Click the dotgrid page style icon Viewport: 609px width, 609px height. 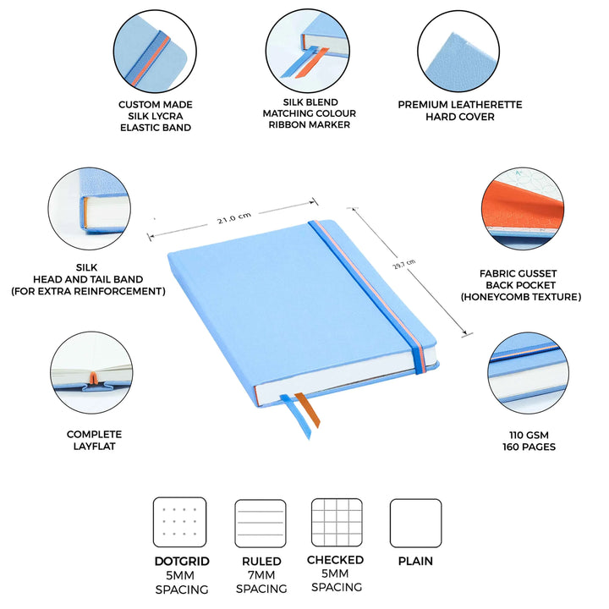(x=179, y=522)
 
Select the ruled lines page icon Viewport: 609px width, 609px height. (x=261, y=524)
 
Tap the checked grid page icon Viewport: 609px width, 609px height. (x=337, y=523)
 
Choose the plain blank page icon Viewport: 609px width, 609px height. (x=415, y=524)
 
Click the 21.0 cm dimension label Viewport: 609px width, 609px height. (x=233, y=218)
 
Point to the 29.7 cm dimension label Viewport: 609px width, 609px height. (x=404, y=264)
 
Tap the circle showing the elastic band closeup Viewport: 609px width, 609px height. (x=155, y=52)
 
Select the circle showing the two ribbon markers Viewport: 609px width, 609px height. (x=308, y=51)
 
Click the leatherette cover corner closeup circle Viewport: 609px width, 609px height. (x=458, y=52)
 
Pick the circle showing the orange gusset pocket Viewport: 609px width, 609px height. (x=523, y=209)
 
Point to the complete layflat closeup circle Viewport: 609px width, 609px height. (x=91, y=372)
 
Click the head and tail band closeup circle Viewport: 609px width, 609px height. (x=90, y=209)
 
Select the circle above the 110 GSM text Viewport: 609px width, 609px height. (x=528, y=373)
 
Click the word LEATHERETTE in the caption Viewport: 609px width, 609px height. (x=486, y=105)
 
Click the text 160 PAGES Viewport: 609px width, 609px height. (x=529, y=447)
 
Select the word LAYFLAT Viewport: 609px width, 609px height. (x=95, y=446)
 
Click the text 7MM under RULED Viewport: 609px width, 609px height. (x=261, y=575)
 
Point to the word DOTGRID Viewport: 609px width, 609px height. (x=182, y=562)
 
